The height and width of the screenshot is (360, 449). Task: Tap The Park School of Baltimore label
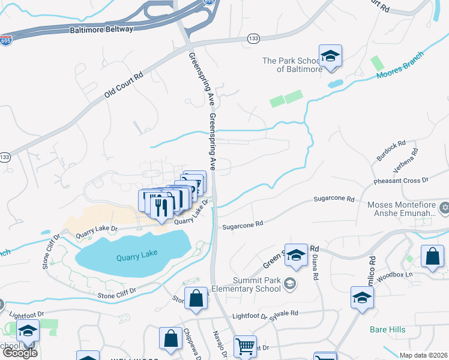point(292,65)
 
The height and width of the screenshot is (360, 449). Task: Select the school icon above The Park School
point(330,56)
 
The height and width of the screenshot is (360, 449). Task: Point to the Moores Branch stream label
point(400,65)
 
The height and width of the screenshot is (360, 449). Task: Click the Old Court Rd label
point(124,85)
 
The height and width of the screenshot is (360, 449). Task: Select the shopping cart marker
point(245,346)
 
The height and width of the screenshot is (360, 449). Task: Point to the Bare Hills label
point(387,329)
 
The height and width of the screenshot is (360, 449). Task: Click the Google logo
point(20,353)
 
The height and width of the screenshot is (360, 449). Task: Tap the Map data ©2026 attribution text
point(424,355)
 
